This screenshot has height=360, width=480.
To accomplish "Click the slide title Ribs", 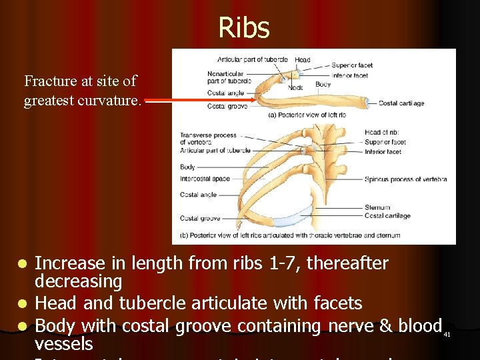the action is [x=244, y=28].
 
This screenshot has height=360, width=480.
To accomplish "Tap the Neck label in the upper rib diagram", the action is [x=295, y=87].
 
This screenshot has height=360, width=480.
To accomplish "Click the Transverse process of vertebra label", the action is [x=207, y=138].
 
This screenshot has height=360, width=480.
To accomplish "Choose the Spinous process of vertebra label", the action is [x=405, y=179].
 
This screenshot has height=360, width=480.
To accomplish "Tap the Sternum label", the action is [x=377, y=207].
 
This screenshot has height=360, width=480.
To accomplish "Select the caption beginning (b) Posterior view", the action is [x=290, y=235].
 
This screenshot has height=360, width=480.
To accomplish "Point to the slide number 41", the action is [x=447, y=334].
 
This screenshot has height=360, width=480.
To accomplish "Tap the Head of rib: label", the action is [x=382, y=132].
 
